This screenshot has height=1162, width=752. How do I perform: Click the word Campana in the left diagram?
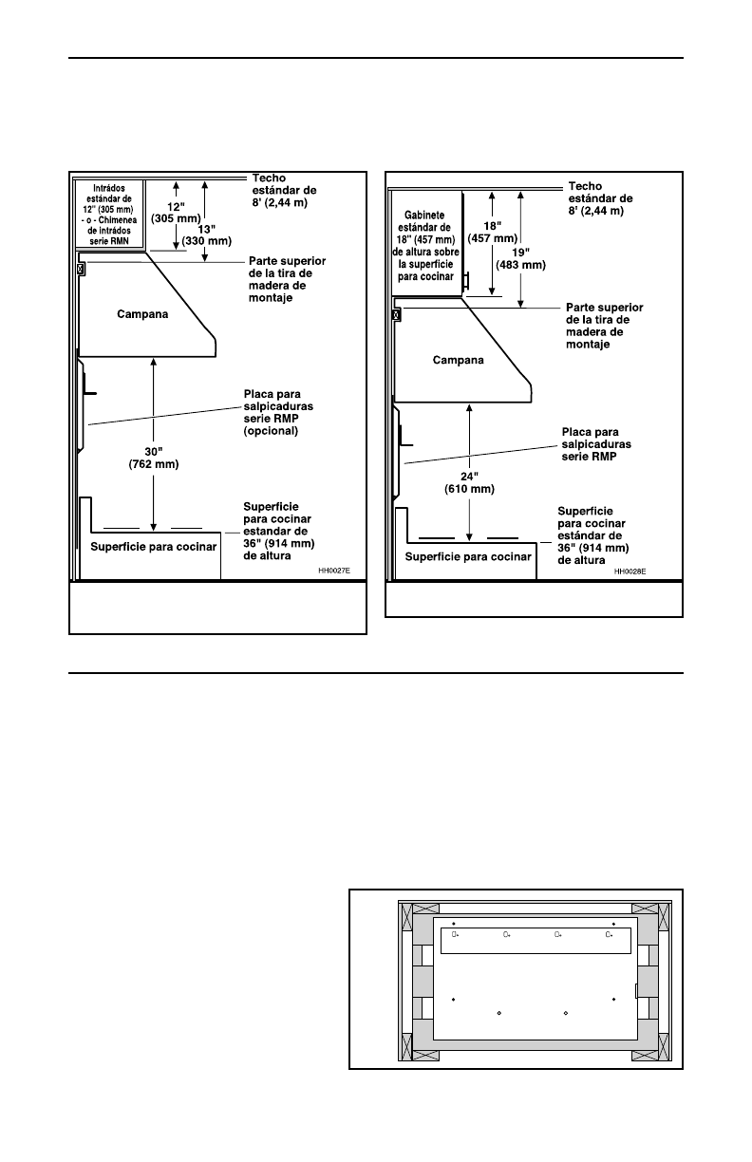tap(142, 313)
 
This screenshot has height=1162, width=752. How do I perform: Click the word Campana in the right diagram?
tap(458, 360)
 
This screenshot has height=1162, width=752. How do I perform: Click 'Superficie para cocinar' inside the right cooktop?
tap(468, 556)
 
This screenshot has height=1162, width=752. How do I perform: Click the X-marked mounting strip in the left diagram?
tap(80, 269)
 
